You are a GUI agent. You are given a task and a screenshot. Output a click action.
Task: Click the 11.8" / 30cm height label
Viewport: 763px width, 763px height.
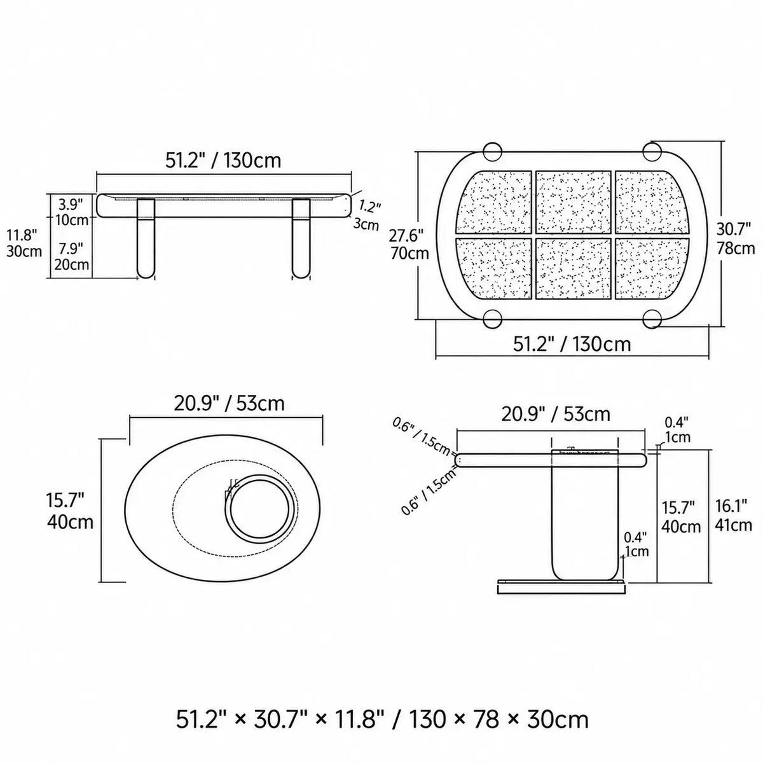tap(24, 243)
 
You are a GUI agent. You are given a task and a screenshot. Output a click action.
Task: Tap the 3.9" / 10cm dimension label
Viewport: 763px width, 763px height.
tap(71, 212)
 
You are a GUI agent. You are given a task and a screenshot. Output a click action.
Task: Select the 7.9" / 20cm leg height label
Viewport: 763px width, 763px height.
tap(71, 256)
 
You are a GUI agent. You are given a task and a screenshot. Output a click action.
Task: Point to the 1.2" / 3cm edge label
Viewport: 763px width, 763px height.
tap(367, 216)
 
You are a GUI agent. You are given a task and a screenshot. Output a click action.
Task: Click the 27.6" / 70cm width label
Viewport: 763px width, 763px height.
tap(409, 244)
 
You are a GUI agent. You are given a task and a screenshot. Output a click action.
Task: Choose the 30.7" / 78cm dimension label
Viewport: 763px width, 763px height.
tap(735, 238)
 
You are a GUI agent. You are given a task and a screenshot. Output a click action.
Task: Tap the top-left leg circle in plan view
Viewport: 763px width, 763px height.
tap(492, 152)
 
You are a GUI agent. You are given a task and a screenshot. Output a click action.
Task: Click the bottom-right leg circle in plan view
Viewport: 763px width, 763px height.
tap(652, 319)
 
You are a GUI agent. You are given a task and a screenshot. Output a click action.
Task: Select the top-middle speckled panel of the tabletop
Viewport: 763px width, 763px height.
tap(573, 202)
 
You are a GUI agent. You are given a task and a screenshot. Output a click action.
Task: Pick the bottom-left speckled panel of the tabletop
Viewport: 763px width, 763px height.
tap(495, 268)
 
